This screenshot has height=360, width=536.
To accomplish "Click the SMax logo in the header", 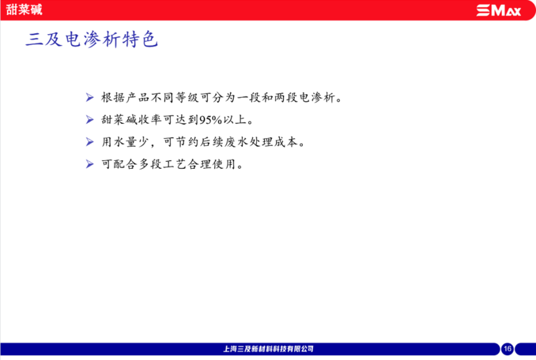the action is click(499, 10).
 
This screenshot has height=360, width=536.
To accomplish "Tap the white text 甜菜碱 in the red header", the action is click(24, 9).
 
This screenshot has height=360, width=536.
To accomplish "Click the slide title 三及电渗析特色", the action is click(92, 39).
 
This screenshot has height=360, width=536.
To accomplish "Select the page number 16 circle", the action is click(507, 349).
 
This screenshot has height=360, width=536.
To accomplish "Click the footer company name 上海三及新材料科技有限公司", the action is click(269, 349).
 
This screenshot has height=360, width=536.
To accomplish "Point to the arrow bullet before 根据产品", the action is click(90, 97).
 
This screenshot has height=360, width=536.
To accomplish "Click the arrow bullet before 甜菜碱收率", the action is click(90, 120).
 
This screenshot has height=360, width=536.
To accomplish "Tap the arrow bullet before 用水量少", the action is click(90, 142).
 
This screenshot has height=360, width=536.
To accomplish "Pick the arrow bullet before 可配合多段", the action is click(90, 164).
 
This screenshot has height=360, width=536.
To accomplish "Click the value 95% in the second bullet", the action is click(211, 120).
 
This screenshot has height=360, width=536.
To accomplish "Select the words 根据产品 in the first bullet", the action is click(125, 98).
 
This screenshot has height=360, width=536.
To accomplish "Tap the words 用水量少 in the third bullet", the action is click(125, 142).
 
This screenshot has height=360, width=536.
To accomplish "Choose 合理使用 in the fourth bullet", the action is click(212, 164).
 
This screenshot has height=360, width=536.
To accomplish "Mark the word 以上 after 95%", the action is click(234, 120).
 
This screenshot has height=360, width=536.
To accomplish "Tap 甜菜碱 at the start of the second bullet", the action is click(119, 120).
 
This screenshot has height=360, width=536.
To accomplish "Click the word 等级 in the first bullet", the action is click(187, 98).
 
